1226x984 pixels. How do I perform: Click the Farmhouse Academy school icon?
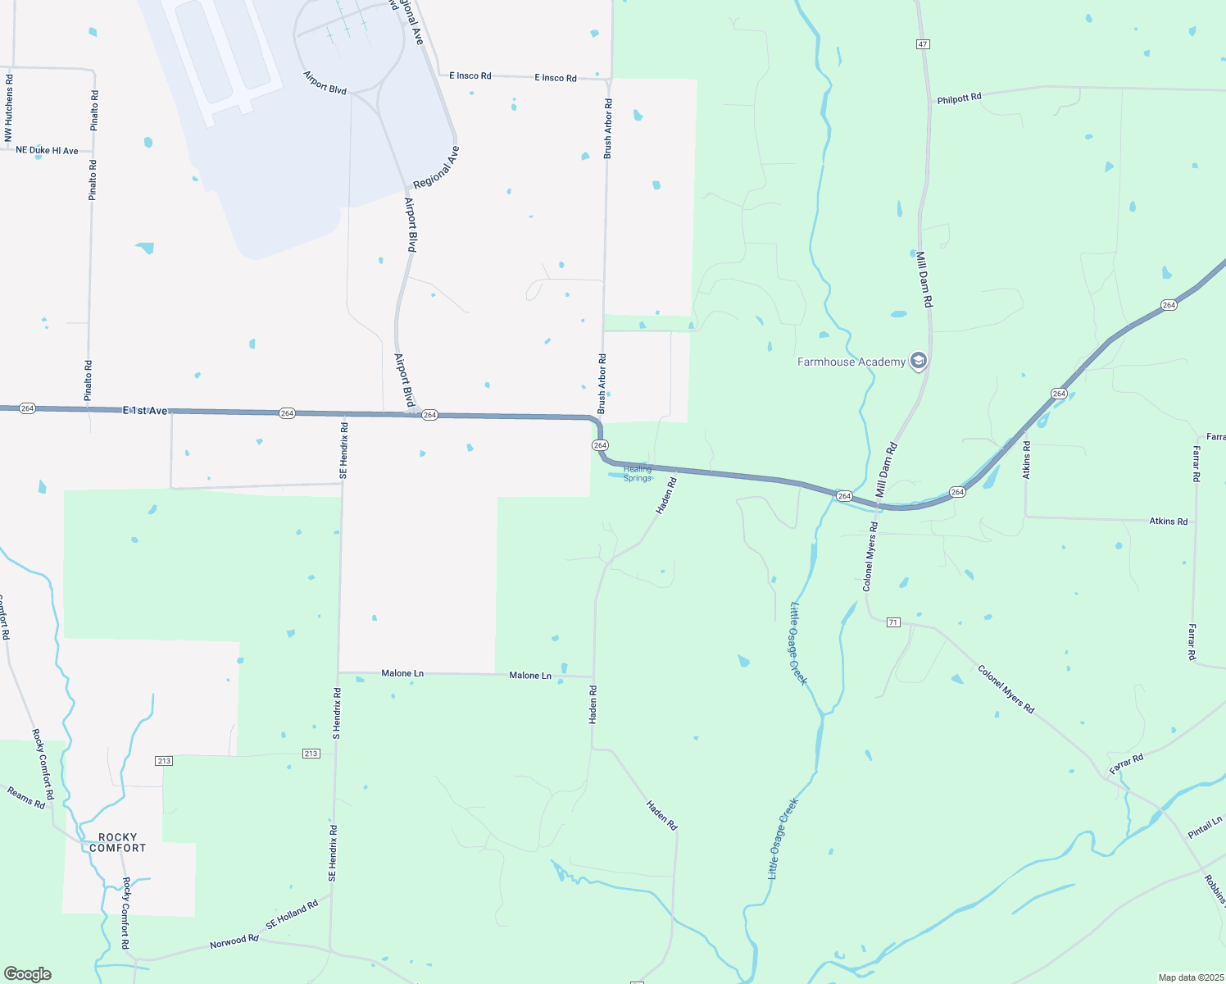[x=919, y=361]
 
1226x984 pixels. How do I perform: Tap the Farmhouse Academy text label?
[x=851, y=362]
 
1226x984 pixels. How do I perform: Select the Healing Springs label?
[x=638, y=473]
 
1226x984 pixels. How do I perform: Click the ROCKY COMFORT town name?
[x=118, y=843]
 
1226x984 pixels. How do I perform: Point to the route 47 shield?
[x=924, y=43]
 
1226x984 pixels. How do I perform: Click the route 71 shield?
[x=893, y=622]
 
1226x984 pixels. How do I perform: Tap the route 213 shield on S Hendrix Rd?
[x=311, y=754]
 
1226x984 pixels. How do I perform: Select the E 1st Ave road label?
[x=145, y=410]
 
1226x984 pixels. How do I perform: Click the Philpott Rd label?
[x=959, y=98]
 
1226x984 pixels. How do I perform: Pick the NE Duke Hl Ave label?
[x=47, y=150]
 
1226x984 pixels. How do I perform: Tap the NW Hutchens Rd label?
[x=9, y=107]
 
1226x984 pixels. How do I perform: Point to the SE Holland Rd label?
[x=292, y=915]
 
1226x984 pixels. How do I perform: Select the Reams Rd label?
[x=26, y=797]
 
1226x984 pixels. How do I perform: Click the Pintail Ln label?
[x=1205, y=827]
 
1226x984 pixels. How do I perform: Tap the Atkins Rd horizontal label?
[x=1168, y=521]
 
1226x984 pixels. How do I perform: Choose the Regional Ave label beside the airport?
[x=436, y=168]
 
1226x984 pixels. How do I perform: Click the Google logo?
[x=28, y=974]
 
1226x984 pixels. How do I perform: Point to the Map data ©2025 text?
[x=1190, y=977]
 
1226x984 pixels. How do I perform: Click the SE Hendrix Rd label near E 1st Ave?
[x=343, y=450]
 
